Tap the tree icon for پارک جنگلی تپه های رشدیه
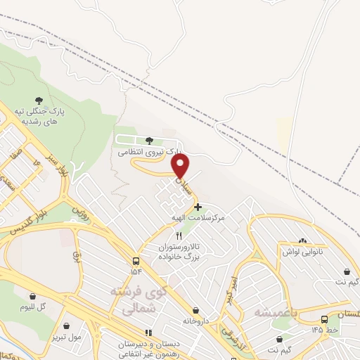38,101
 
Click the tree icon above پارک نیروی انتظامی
148,141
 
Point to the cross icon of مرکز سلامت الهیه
198,207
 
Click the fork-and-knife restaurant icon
179,236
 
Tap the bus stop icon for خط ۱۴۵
328,319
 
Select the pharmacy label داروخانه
195,320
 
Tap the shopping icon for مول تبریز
66,326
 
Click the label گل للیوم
33,307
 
